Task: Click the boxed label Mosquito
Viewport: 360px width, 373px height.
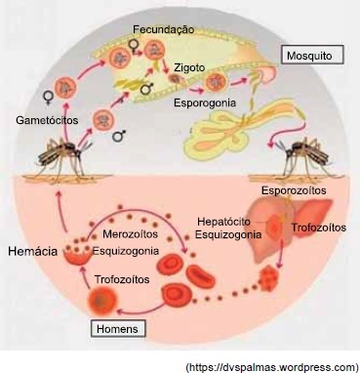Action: (x=312, y=55)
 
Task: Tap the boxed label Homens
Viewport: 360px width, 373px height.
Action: (x=118, y=328)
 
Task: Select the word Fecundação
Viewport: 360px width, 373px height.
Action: (x=163, y=29)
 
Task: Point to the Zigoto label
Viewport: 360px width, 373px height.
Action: (x=189, y=67)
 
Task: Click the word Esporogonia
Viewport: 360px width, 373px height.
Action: (x=205, y=103)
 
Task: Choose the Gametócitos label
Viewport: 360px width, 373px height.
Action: (x=47, y=120)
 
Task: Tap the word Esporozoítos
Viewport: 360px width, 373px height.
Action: (x=294, y=190)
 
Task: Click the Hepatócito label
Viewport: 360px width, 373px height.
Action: (x=224, y=222)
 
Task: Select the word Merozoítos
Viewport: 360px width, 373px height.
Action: (x=130, y=233)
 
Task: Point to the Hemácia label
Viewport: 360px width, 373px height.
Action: (x=33, y=251)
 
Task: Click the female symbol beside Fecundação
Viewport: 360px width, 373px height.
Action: (x=133, y=47)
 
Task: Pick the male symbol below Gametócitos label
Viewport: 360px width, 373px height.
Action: (x=119, y=136)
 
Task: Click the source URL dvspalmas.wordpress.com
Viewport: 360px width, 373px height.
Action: (x=273, y=367)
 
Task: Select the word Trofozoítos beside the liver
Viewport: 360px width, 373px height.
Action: (x=318, y=228)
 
